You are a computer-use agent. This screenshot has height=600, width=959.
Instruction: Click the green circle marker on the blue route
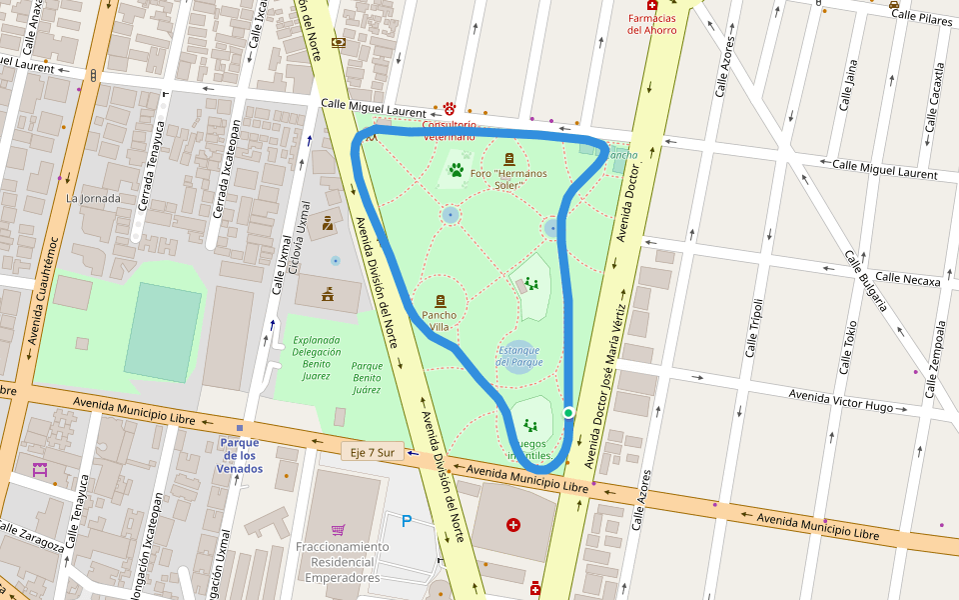[568, 413]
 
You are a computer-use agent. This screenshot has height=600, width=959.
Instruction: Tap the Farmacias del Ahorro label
[651, 24]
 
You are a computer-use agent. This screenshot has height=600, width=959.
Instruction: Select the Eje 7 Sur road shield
[372, 452]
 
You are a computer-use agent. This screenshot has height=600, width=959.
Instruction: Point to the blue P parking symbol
[406, 520]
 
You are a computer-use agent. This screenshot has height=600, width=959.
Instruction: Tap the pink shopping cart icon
[339, 529]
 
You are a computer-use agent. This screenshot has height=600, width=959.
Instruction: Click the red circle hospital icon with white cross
[513, 525]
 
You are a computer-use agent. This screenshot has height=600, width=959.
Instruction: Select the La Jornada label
[93, 198]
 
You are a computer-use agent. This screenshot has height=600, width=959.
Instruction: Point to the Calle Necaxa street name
[907, 280]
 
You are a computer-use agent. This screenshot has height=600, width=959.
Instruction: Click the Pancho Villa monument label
[440, 320]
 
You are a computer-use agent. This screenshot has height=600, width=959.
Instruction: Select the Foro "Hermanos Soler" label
[509, 179]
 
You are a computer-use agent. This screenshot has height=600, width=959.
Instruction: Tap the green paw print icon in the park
[457, 170]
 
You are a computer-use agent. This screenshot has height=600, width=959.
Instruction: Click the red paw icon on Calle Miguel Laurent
[451, 108]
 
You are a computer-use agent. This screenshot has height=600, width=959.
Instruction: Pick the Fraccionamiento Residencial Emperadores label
[342, 562]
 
